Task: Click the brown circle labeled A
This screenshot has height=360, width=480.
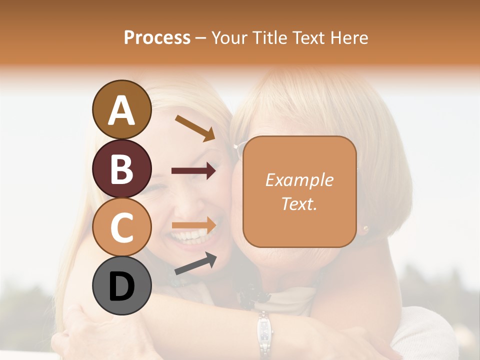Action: (x=121, y=109)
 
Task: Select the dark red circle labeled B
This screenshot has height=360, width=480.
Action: (x=121, y=168)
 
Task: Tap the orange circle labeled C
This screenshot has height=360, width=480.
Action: (x=121, y=227)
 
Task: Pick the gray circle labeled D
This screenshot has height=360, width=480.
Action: (x=121, y=285)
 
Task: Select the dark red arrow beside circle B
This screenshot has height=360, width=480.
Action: (x=193, y=171)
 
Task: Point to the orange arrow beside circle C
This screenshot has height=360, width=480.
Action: (x=194, y=225)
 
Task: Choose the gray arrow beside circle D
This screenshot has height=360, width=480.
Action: (x=195, y=263)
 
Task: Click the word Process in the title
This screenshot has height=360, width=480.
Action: (x=157, y=37)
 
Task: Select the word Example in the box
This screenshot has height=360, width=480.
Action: (x=299, y=180)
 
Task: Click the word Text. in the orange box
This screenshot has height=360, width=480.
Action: (x=299, y=203)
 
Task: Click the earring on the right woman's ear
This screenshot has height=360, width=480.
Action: (x=365, y=229)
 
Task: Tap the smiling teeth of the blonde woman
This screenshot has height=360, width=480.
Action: (x=190, y=234)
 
